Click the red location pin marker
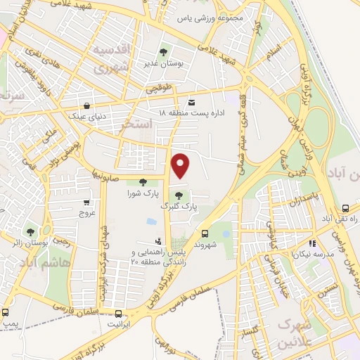click(181, 166)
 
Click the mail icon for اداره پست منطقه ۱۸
click(192, 103)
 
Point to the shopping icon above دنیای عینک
click(86, 105)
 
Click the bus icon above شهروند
click(205, 233)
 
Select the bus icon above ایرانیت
click(117, 314)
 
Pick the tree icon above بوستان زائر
click(30, 230)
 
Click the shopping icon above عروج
click(86, 201)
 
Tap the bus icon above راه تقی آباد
click(345, 208)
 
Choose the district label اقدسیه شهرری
click(111, 60)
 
